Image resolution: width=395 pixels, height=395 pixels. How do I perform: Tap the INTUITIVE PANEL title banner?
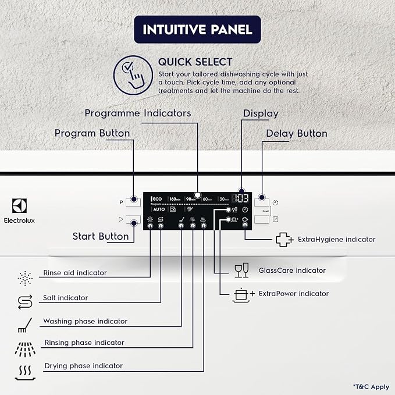coord(197,29)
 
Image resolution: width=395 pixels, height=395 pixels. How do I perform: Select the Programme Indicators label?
coord(138,113)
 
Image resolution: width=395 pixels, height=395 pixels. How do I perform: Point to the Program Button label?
coord(92,133)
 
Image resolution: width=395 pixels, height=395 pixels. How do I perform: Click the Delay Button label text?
coord(297,133)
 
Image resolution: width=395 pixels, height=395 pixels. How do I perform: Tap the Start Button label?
coord(101,236)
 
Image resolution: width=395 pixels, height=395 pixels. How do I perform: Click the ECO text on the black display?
coord(156,198)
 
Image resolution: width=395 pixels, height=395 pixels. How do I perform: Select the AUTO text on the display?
coord(159,209)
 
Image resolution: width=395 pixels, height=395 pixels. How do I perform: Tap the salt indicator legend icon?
coord(24,301)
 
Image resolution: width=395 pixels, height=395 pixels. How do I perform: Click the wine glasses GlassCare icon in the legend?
coord(241,271)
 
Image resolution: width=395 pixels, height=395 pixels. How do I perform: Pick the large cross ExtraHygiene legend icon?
coord(283,239)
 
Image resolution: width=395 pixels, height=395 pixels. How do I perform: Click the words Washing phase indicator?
coord(85,321)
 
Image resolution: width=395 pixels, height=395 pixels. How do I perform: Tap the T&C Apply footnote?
coord(370,386)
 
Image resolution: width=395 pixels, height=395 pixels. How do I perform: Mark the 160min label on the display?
coord(175,199)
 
